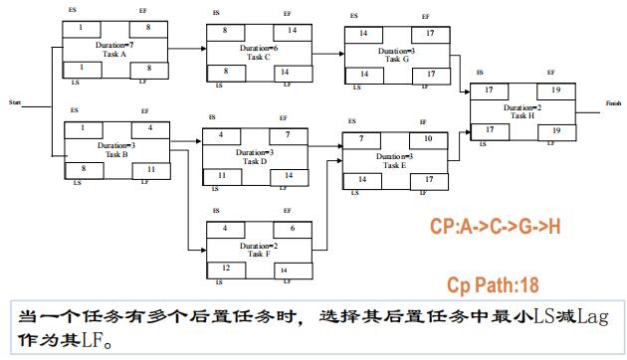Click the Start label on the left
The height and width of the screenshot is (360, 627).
pyautogui.click(x=15, y=101)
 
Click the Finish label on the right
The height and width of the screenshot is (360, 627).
pyautogui.click(x=612, y=101)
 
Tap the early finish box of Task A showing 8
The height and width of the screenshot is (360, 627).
pyautogui.click(x=147, y=28)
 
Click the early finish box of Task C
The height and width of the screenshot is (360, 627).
pyautogui.click(x=283, y=31)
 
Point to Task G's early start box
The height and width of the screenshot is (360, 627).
pyautogui.click(x=362, y=33)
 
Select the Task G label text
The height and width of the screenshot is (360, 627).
pyautogui.click(x=396, y=59)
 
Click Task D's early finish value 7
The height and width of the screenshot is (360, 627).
pyautogui.click(x=287, y=134)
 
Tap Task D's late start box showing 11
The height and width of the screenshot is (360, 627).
pyautogui.click(x=222, y=175)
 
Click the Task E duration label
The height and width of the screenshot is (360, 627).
pyautogui.click(x=395, y=156)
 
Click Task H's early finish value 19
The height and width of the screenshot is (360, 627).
pyautogui.click(x=555, y=90)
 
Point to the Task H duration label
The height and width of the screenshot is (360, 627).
pyautogui.click(x=522, y=106)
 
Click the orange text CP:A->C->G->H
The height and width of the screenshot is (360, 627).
pyautogui.click(x=495, y=226)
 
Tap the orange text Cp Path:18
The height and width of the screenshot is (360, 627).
pyautogui.click(x=494, y=285)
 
